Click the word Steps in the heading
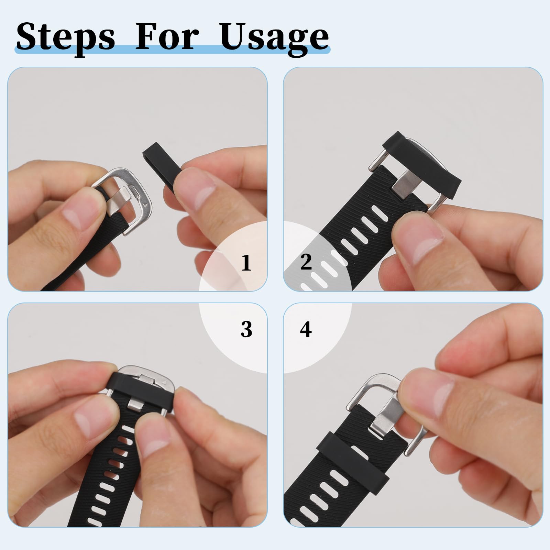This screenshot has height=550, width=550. tap(65, 37)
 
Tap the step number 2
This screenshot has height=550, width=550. tap(306, 262)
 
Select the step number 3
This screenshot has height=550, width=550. tap(246, 329)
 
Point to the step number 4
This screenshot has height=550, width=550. tap(306, 329)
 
